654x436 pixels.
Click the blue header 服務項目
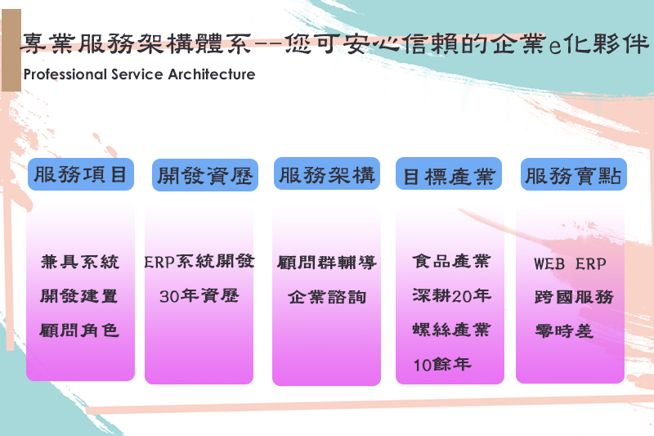80,174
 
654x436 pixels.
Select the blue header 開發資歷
204,175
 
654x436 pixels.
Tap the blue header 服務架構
327,174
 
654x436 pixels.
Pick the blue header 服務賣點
573,175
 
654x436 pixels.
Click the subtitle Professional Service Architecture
140,74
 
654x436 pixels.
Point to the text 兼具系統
80,262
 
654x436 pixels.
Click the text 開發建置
80,296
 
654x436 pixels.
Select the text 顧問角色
80,330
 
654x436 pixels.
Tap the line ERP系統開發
199,262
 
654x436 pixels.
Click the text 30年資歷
199,296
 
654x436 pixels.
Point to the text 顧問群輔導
327,263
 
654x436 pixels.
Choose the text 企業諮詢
327,297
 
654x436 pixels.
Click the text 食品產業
451,262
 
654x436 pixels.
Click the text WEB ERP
571,264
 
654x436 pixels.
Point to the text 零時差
564,331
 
